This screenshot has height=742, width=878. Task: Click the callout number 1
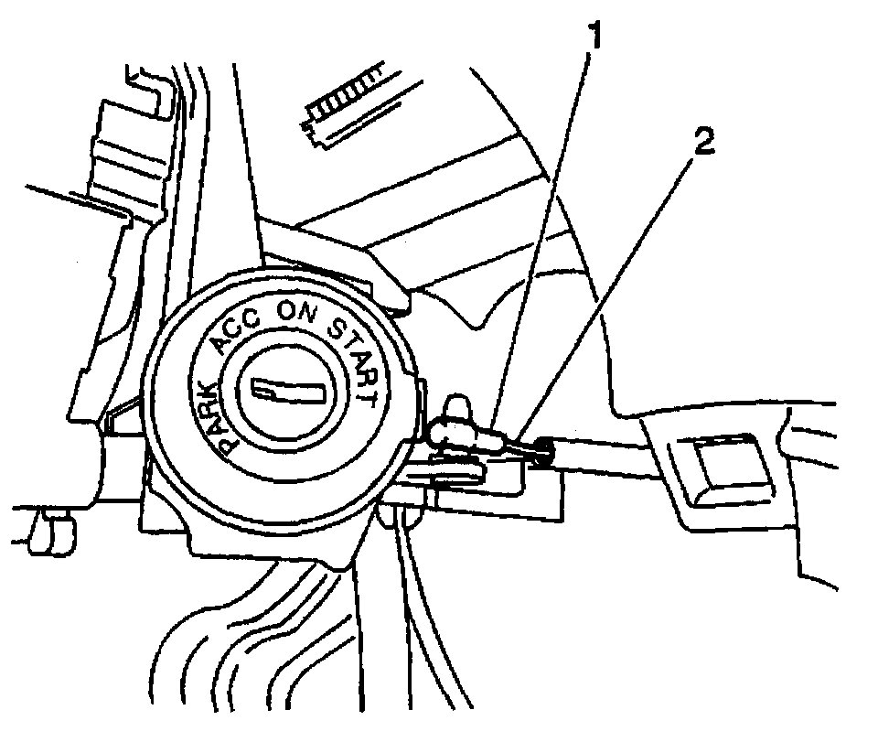[595, 37]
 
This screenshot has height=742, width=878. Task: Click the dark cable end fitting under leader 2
[541, 448]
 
